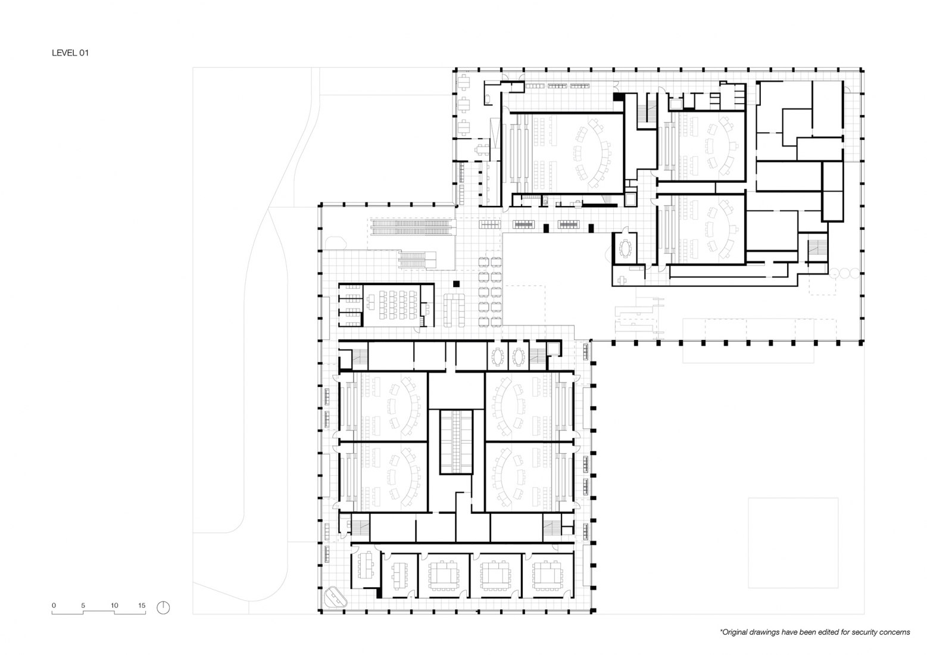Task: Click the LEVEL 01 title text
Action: click(x=70, y=53)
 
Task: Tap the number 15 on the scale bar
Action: click(x=141, y=606)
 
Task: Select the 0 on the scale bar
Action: click(x=54, y=606)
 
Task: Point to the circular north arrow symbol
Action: click(x=164, y=607)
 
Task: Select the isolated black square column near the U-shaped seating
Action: click(x=457, y=284)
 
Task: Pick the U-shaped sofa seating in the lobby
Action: click(x=455, y=309)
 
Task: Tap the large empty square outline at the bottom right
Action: click(x=793, y=542)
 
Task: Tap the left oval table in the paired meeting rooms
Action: click(x=497, y=357)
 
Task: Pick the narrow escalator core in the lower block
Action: click(x=455, y=441)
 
